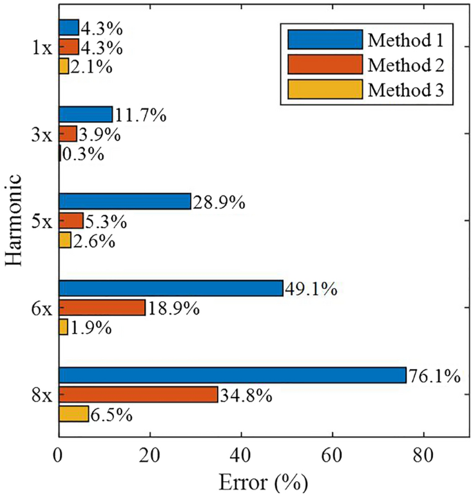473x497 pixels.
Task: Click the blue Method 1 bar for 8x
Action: click(x=232, y=375)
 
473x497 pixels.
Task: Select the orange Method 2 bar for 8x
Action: click(x=138, y=395)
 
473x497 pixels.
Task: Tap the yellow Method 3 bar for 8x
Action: click(x=74, y=414)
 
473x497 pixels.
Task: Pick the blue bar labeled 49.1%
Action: click(x=171, y=288)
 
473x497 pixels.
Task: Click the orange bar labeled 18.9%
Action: click(x=102, y=308)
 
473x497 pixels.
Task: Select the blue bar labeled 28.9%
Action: click(x=125, y=201)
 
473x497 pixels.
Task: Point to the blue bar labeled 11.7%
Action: click(x=86, y=114)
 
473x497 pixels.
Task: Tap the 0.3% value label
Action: click(x=83, y=153)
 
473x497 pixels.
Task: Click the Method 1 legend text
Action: click(x=406, y=39)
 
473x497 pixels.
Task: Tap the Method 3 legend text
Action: click(x=406, y=89)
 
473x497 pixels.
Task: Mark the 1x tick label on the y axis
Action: click(x=40, y=48)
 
